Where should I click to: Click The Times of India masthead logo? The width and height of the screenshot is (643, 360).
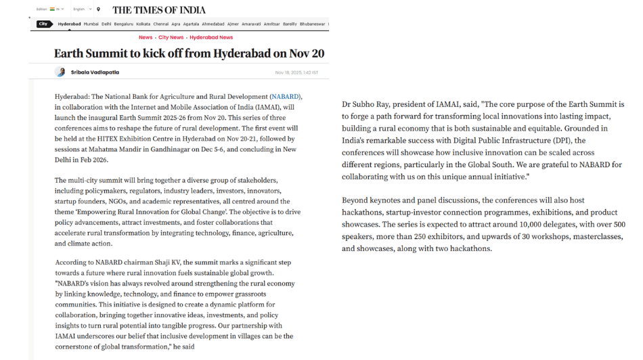pyautogui.click(x=159, y=9)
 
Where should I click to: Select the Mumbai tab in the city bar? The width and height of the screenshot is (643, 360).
pyautogui.click(x=91, y=24)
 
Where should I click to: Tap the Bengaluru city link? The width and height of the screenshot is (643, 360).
pyautogui.click(x=124, y=24)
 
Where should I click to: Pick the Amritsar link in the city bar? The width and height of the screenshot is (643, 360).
pyautogui.click(x=272, y=24)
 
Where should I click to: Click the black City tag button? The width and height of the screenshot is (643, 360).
pyautogui.click(x=45, y=24)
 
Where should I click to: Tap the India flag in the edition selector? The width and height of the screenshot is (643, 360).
pyautogui.click(x=52, y=9)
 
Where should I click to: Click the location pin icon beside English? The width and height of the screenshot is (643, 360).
pyautogui.click(x=99, y=9)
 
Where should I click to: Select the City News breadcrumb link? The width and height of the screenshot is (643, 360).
pyautogui.click(x=171, y=37)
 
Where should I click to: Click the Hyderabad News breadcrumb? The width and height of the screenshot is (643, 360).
pyautogui.click(x=211, y=37)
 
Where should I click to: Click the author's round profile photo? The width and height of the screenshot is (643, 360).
pyautogui.click(x=60, y=72)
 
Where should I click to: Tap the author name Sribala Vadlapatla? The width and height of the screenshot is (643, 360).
pyautogui.click(x=95, y=72)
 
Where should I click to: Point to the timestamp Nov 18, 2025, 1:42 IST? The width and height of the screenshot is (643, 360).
pyautogui.click(x=296, y=72)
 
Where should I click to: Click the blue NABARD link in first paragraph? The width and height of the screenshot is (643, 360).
pyautogui.click(x=285, y=97)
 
